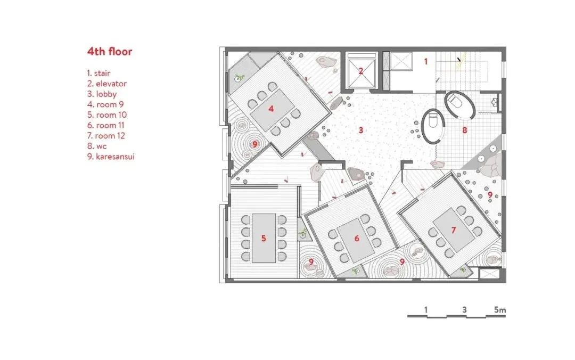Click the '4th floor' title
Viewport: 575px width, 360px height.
[110, 51]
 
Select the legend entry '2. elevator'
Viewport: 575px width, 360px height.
[106, 84]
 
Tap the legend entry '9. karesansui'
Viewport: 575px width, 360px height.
[111, 157]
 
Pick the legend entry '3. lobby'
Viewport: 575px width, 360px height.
[102, 94]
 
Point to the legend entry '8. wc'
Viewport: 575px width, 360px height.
[97, 146]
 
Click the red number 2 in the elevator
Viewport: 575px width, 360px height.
[361, 71]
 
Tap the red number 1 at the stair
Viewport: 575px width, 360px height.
[426, 61]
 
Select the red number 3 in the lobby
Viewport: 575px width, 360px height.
[361, 130]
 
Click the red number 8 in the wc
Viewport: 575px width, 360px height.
[465, 130]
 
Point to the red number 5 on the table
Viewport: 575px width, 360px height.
[264, 239]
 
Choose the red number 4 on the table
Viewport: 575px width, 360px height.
[271, 109]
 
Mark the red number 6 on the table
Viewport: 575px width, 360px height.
[357, 239]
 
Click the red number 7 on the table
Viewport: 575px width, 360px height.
[454, 230]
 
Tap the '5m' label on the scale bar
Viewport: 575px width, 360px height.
[500, 310]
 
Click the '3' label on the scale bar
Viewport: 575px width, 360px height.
[465, 310]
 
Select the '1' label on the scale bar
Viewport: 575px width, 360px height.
[426, 310]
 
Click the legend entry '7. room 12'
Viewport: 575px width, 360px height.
[106, 136]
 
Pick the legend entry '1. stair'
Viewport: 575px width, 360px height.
[98, 73]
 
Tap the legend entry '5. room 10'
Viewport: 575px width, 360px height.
[106, 115]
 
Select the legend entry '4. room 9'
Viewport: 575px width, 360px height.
[105, 104]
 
